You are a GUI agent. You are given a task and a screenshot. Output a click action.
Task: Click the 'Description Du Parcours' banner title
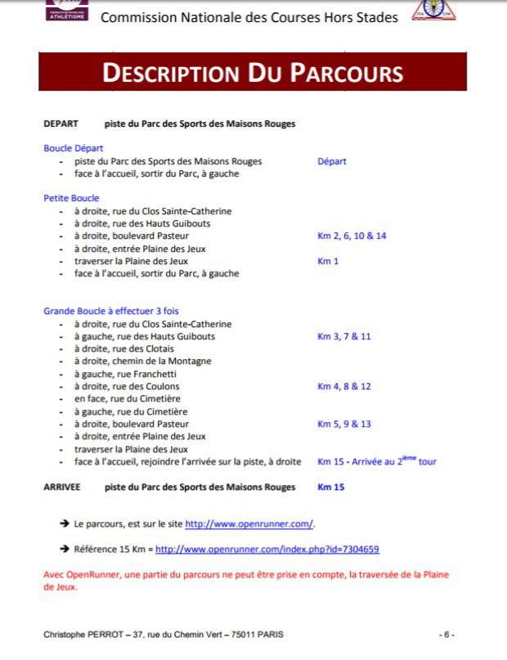252,72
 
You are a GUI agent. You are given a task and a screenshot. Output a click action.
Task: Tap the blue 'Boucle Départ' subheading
74,148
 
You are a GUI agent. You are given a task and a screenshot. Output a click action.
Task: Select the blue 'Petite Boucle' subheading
71,198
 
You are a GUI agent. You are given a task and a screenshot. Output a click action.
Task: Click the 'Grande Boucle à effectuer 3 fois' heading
110,311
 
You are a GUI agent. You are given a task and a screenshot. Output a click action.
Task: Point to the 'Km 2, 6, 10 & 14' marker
352,236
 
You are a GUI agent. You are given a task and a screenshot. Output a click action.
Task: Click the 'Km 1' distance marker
328,261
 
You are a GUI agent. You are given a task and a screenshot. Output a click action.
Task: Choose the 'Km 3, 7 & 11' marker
343,336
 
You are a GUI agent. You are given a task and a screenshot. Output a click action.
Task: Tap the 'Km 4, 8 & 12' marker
343,386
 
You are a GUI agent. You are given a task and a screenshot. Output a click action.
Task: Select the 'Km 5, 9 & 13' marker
343,424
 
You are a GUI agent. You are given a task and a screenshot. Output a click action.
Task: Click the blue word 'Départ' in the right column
332,161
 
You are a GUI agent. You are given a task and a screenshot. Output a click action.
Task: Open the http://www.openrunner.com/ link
249,523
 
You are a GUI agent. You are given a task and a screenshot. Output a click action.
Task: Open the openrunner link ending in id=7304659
267,550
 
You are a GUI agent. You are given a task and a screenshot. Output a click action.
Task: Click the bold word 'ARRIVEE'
62,487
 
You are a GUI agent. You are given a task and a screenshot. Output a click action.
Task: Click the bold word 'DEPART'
61,123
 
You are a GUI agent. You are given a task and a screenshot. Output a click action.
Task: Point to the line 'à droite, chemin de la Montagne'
142,361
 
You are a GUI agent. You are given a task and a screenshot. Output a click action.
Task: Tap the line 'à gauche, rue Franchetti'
124,374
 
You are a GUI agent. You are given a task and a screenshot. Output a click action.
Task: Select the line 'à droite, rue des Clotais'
124,348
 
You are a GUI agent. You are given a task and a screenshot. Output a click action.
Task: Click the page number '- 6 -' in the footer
446,635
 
